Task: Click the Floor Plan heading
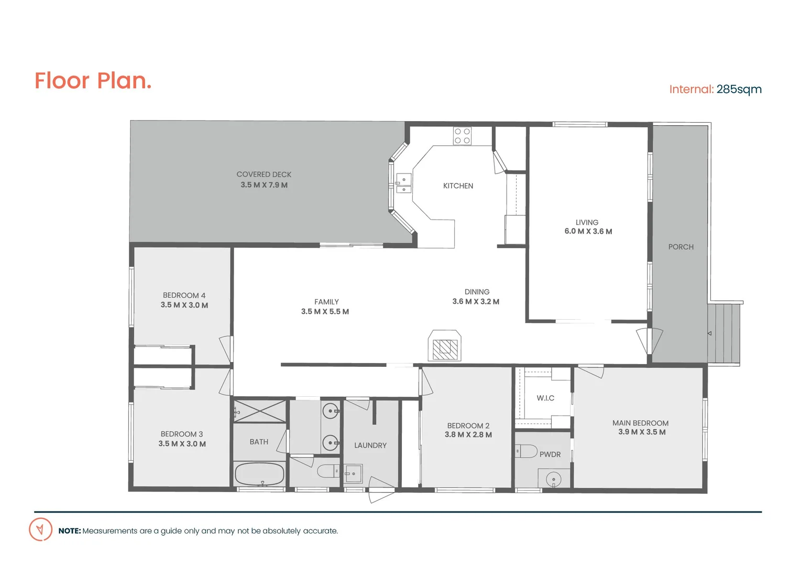[x=93, y=81]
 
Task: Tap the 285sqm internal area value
[x=739, y=89]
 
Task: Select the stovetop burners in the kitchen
[x=462, y=136]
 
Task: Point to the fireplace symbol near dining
[x=445, y=346]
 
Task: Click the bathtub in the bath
[x=259, y=474]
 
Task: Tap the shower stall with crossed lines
[x=260, y=411]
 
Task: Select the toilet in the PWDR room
[x=526, y=451]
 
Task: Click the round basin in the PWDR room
[x=553, y=478]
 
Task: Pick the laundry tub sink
[x=353, y=474]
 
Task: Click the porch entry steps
[x=724, y=333]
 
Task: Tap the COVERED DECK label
[x=264, y=175]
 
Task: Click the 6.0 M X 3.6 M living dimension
[x=588, y=232]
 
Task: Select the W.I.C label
[x=545, y=398]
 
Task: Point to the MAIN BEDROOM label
[x=640, y=423]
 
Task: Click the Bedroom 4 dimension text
[x=184, y=305]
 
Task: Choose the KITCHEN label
[x=458, y=186]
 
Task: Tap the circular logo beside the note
[x=40, y=529]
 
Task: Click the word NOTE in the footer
[x=70, y=531]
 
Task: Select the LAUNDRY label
[x=370, y=445]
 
